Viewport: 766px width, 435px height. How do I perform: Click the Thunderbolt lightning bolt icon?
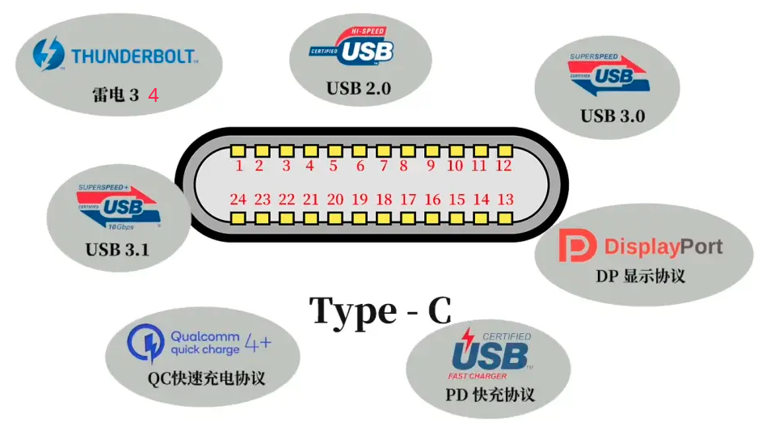(48, 54)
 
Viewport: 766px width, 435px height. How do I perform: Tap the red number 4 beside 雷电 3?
(153, 95)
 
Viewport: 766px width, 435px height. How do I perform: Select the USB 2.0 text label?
(359, 88)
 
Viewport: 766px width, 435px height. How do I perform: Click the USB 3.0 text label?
(612, 116)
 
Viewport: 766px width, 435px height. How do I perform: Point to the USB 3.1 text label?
(117, 250)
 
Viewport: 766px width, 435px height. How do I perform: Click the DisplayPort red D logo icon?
(577, 246)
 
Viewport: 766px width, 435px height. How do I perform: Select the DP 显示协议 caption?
(641, 275)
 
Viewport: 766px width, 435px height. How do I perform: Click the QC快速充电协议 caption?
(206, 378)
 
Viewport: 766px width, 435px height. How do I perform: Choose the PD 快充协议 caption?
(490, 395)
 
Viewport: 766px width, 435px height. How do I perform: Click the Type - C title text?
(381, 310)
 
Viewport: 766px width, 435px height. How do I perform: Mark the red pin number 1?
(239, 167)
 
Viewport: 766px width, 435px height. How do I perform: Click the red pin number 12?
(503, 167)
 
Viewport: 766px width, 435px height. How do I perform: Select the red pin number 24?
(238, 200)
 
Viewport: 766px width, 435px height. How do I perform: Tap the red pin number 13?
(506, 200)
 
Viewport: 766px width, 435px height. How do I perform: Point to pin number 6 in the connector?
(360, 167)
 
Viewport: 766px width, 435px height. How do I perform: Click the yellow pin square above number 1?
(239, 151)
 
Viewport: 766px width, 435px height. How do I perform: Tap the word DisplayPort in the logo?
(663, 247)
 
